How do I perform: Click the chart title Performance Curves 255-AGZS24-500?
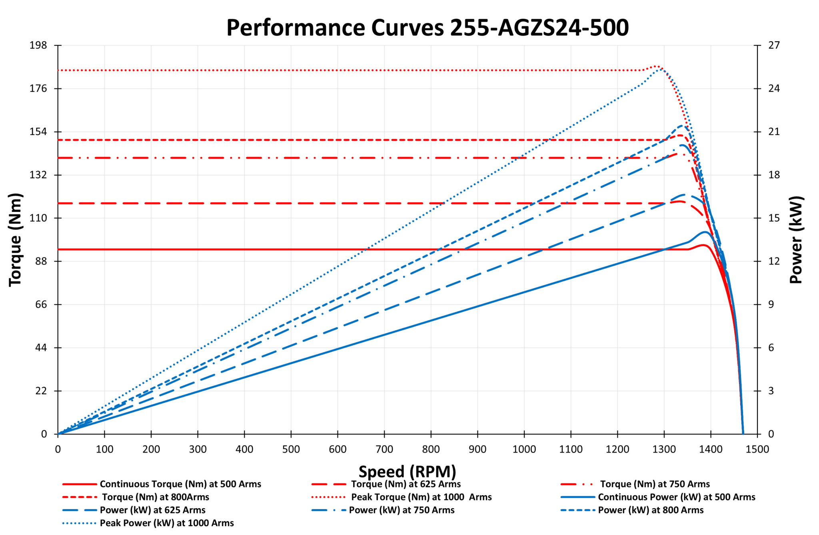(427, 28)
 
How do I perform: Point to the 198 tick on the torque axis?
(38, 45)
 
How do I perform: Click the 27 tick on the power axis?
(774, 45)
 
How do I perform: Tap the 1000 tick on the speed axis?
(524, 449)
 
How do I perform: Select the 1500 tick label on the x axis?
(757, 449)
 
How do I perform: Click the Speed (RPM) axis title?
(407, 471)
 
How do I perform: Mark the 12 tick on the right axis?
(774, 261)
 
